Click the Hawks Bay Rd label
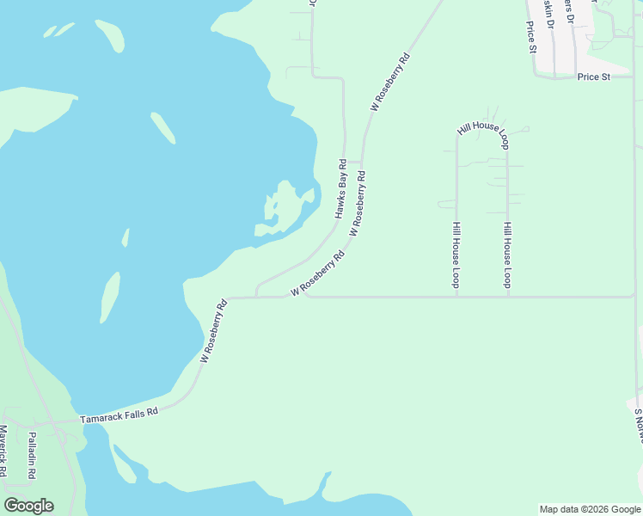pyautogui.click(x=340, y=187)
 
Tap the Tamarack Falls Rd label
pyautogui.click(x=119, y=415)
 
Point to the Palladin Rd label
pyautogui.click(x=32, y=455)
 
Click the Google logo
pyautogui.click(x=28, y=506)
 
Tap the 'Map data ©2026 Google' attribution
pyautogui.click(x=591, y=509)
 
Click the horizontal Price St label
pyautogui.click(x=593, y=77)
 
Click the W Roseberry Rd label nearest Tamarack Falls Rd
pyautogui.click(x=214, y=330)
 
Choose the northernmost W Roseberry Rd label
pyautogui.click(x=390, y=83)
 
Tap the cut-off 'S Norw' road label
pyautogui.click(x=638, y=425)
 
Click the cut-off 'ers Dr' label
pyautogui.click(x=568, y=10)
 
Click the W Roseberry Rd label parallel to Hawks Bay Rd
pyautogui.click(x=358, y=204)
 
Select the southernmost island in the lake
pyautogui.click(x=109, y=297)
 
